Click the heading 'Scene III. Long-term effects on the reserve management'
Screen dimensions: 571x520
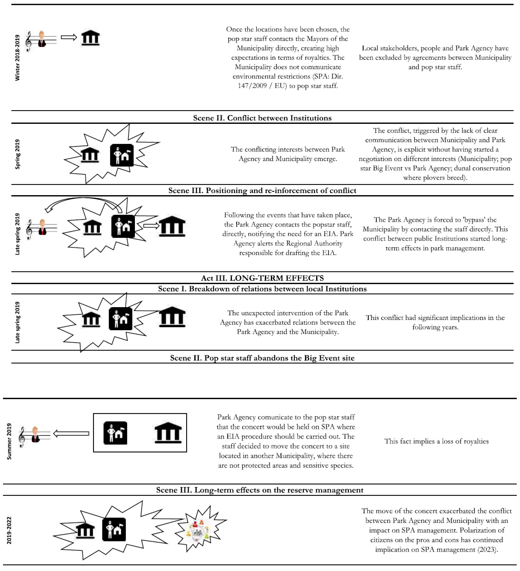pyautogui.click(x=260, y=490)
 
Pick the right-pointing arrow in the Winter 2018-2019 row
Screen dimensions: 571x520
pyautogui.click(x=69, y=37)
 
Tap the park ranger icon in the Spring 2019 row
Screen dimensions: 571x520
pyautogui.click(x=122, y=155)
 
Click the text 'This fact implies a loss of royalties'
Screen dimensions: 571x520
pyautogui.click(x=436, y=441)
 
